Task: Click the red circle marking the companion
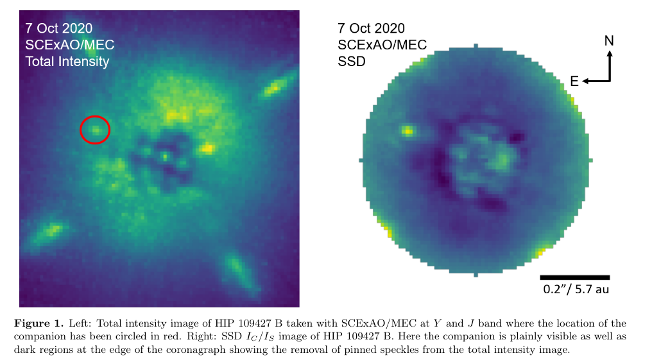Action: tap(95, 130)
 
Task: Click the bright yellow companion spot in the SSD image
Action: tap(407, 131)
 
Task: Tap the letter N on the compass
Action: tap(609, 41)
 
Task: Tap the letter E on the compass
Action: tap(574, 81)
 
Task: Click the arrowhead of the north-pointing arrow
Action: tap(609, 54)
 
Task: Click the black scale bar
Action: tap(574, 277)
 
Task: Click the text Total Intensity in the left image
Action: tap(67, 62)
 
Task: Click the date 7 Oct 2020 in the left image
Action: tap(59, 28)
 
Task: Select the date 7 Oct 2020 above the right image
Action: tap(372, 28)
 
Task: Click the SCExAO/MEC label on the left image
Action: tap(66, 45)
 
